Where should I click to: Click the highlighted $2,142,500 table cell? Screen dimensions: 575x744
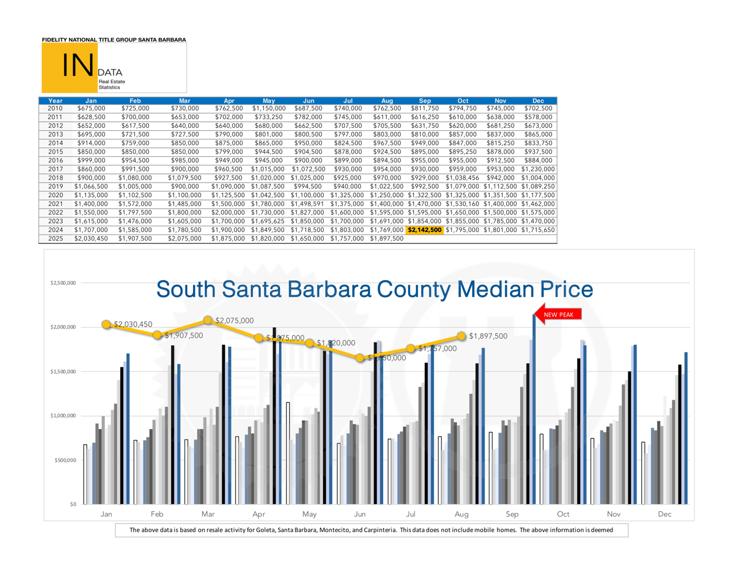(x=424, y=230)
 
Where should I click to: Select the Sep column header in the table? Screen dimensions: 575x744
(x=424, y=101)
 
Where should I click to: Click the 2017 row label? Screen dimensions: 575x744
(x=55, y=169)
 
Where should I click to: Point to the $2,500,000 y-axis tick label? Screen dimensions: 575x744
(x=63, y=283)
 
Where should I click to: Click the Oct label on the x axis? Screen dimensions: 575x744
(x=563, y=514)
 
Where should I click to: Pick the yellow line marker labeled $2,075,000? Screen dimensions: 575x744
(x=208, y=320)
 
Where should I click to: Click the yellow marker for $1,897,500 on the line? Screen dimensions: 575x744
(x=462, y=336)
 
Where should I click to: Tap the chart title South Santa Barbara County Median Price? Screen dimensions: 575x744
(x=374, y=289)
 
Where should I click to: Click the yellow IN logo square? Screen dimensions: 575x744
(x=69, y=67)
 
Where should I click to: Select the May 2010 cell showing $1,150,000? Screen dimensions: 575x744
(x=269, y=108)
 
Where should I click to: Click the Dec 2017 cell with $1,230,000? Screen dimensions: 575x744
(x=538, y=169)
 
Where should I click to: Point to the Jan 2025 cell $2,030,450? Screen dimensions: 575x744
(x=91, y=238)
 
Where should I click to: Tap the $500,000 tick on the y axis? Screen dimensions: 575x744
(x=65, y=460)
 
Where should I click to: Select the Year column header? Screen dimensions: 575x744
(x=55, y=101)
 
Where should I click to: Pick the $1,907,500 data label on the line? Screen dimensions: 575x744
(x=184, y=335)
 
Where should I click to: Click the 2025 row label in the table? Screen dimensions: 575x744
(x=55, y=238)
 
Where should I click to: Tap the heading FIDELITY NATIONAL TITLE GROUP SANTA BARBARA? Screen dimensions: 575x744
(x=114, y=40)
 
